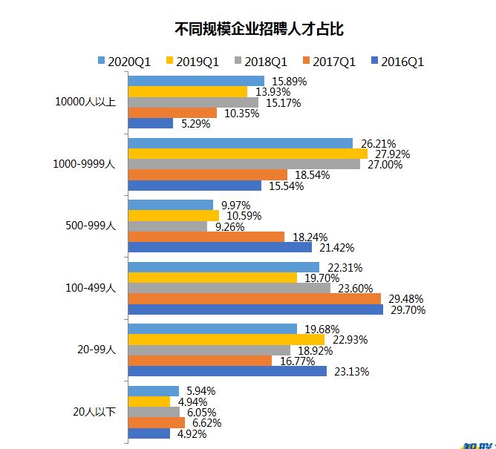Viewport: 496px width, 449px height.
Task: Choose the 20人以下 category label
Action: pyautogui.click(x=94, y=412)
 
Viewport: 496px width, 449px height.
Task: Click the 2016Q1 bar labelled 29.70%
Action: pyautogui.click(x=256, y=309)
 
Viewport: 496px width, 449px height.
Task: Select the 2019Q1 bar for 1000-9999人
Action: pyautogui.click(x=248, y=154)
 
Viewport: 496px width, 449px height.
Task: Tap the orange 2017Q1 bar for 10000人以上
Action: pyautogui.click(x=173, y=113)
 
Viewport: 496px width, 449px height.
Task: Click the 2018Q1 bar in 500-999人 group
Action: pyautogui.click(x=169, y=226)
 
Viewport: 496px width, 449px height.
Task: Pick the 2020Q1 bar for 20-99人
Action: pyautogui.click(x=213, y=329)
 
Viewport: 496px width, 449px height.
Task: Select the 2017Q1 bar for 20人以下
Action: pyautogui.click(x=157, y=422)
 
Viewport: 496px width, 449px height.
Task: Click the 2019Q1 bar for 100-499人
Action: pyautogui.click(x=213, y=278)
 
